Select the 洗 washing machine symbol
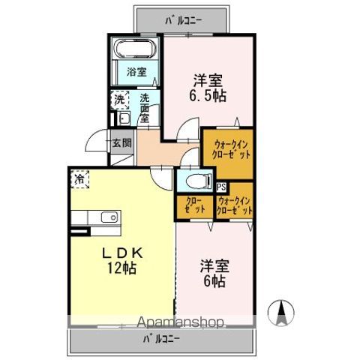coord(120,99)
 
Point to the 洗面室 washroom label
coord(144,107)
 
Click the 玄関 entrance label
coord(121,142)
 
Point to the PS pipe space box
coord(221,187)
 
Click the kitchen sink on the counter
coord(109,217)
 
